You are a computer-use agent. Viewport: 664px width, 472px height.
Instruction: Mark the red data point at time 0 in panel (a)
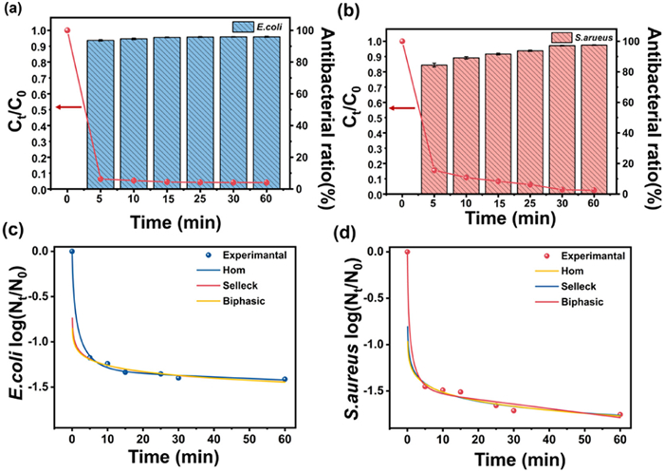67,30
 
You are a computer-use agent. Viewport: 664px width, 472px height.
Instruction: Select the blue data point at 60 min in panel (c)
284,379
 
